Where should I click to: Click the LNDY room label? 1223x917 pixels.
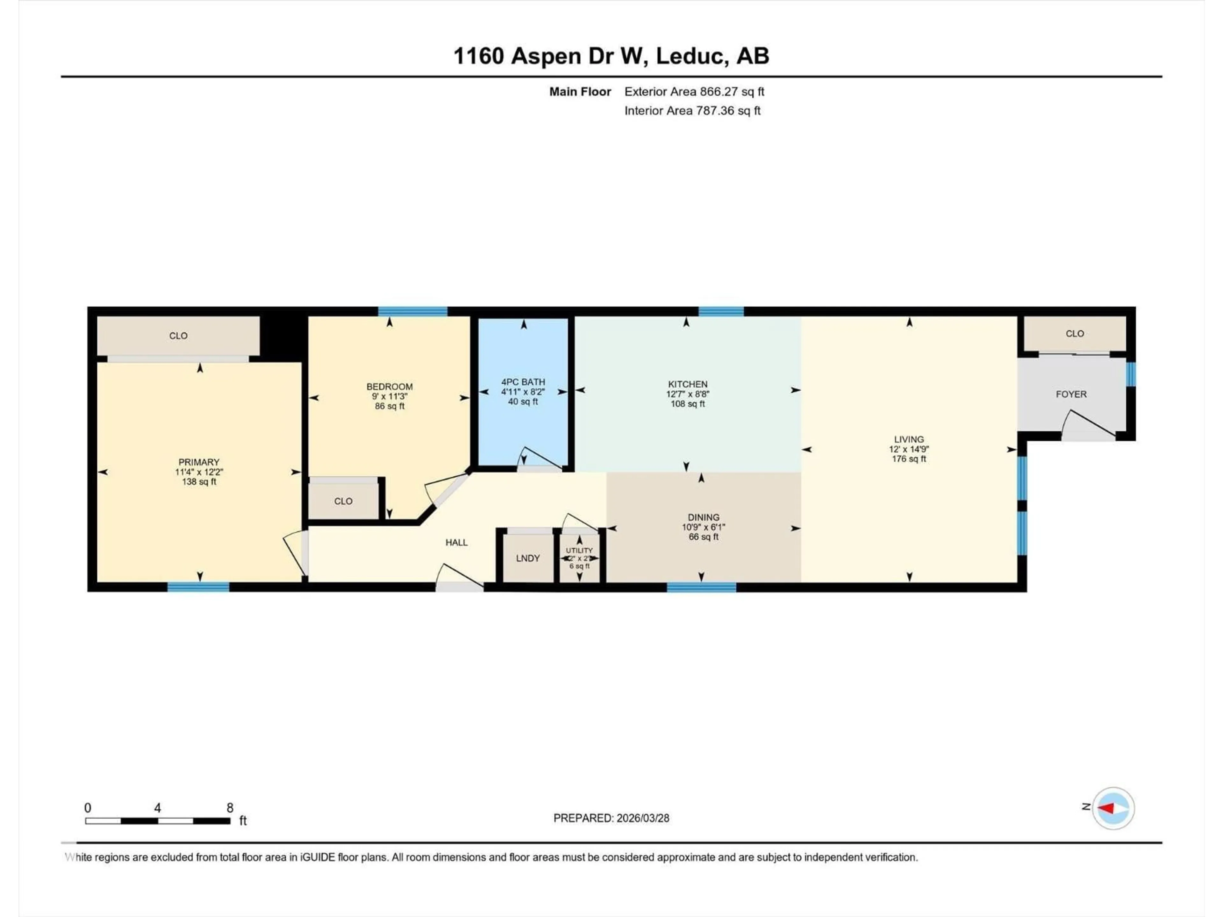527,558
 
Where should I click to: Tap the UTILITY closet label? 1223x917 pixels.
579,551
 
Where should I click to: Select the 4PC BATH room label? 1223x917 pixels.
523,382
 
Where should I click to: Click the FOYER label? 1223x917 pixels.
1071,394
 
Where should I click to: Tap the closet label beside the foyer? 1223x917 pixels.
1074,334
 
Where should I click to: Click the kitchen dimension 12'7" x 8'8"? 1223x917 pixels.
687,394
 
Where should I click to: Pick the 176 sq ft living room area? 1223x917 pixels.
908,459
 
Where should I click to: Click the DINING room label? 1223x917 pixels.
703,517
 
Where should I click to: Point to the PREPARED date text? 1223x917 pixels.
611,818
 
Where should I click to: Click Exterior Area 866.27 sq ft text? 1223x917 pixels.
694,92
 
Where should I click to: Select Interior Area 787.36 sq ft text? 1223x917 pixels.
692,110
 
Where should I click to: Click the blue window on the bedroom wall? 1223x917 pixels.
412,311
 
